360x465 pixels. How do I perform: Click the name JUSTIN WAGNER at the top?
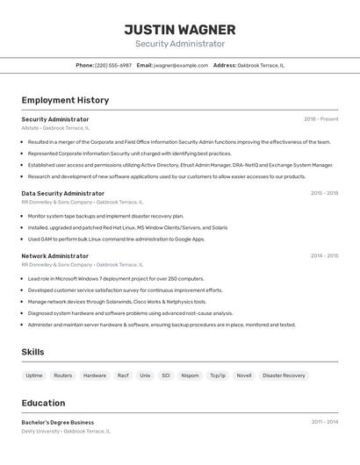click(180, 29)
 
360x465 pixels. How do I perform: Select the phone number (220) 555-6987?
click(113, 65)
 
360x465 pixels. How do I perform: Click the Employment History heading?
click(65, 100)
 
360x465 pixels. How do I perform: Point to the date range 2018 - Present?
click(321, 119)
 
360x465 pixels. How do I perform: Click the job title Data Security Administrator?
click(63, 193)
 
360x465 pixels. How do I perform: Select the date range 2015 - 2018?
click(324, 193)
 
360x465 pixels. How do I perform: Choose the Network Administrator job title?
click(55, 256)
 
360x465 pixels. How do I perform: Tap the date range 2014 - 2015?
click(324, 256)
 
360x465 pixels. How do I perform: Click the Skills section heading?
click(33, 352)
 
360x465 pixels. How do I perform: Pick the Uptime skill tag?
click(34, 376)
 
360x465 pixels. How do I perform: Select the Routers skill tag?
click(63, 376)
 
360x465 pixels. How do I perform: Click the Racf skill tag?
click(123, 376)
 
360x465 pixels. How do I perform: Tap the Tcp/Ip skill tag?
click(217, 376)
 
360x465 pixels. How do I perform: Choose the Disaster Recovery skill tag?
click(284, 376)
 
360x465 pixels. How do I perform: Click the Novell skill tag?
click(243, 376)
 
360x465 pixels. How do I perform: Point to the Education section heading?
click(43, 403)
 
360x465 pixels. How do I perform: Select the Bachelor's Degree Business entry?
click(58, 422)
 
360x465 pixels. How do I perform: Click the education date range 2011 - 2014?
click(324, 422)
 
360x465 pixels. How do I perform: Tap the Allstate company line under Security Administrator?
click(55, 128)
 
